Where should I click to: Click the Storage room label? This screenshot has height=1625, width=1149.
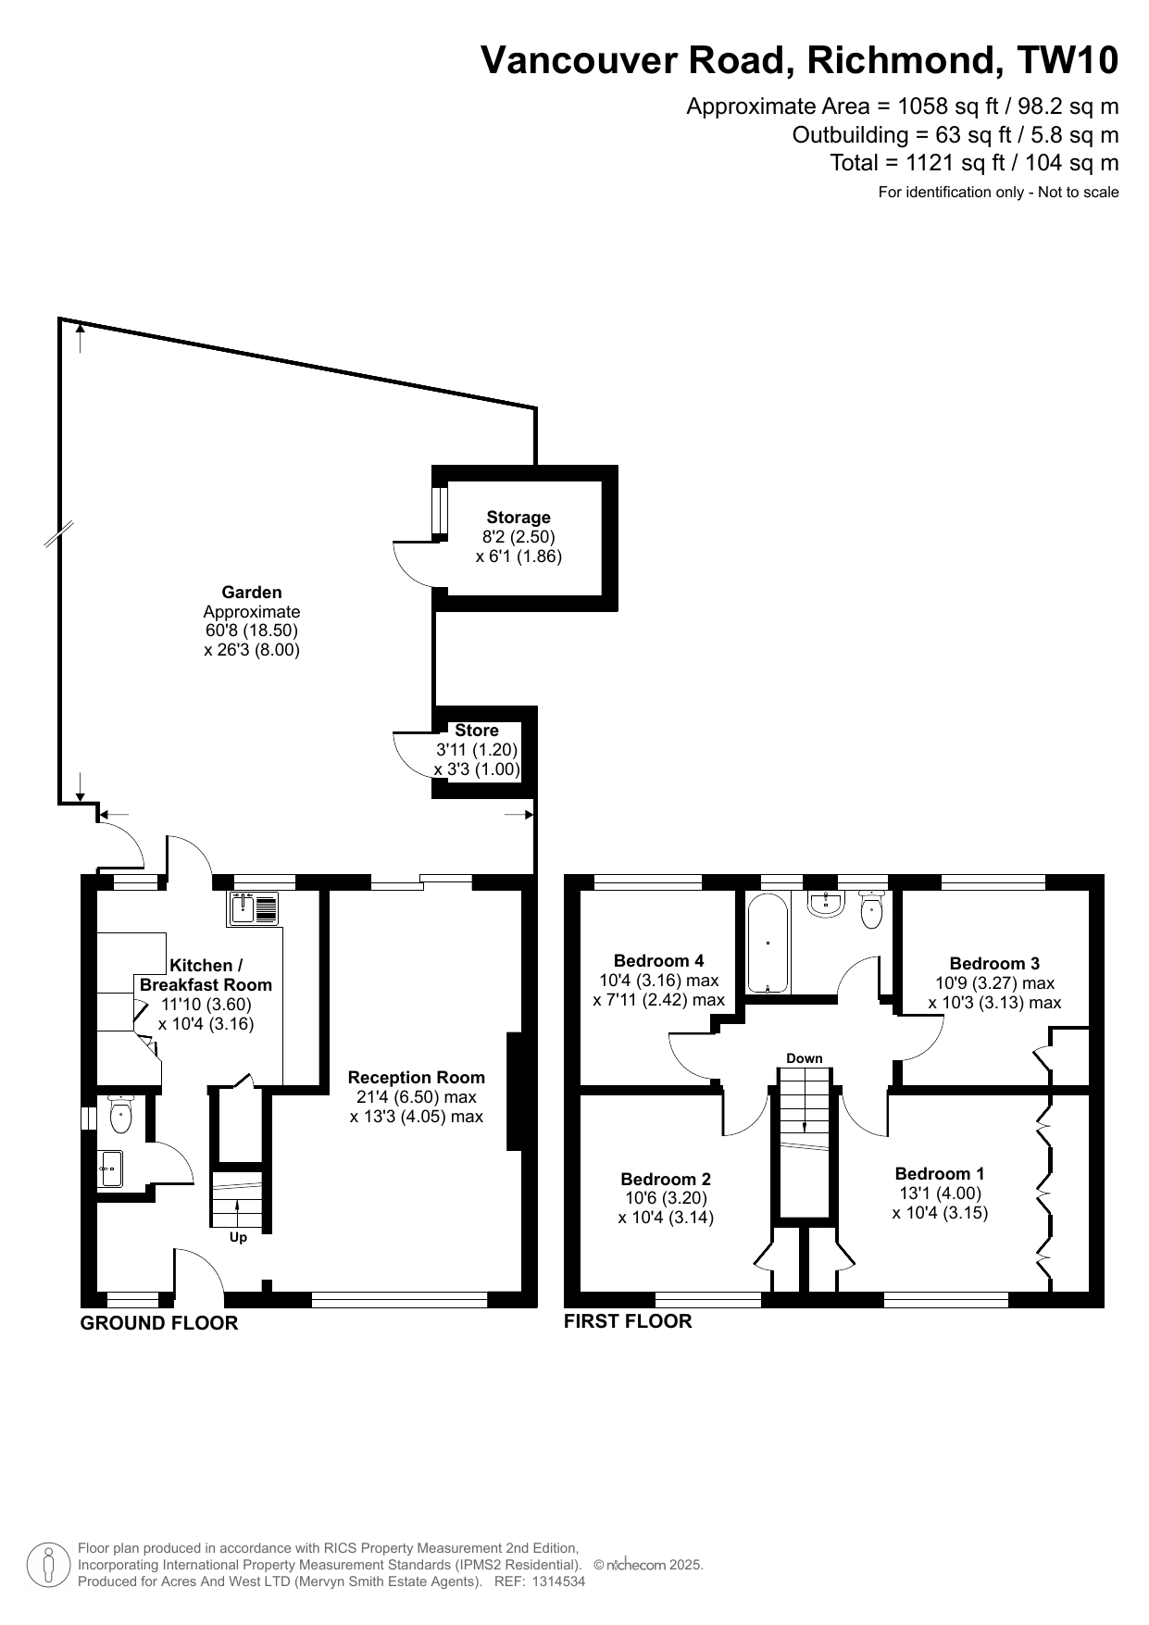[x=518, y=518]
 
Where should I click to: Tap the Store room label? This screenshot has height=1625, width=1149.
[x=477, y=731]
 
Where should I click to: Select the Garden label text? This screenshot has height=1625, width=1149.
[x=252, y=593]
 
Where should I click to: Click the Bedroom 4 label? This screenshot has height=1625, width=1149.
[x=658, y=961]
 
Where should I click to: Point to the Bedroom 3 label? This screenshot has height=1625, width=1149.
[x=994, y=964]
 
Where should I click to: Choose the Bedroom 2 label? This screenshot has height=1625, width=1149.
[x=666, y=1179]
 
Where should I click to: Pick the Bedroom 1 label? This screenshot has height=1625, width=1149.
[x=940, y=1174]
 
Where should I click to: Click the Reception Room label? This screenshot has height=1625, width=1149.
[x=417, y=1078]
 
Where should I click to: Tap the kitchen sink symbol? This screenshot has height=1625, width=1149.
[x=252, y=908]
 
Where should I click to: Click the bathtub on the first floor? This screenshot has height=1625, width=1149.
[x=768, y=943]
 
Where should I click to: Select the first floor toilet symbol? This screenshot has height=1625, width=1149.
[x=871, y=909]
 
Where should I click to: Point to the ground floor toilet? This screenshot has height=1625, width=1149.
[x=121, y=1114]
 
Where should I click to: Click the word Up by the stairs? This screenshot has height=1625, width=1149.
[x=238, y=1238]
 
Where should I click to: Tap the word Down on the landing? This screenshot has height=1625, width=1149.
[x=805, y=1058]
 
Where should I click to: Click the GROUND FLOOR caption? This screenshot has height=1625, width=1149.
[x=159, y=1323]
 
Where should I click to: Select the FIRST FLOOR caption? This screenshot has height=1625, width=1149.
[x=628, y=1321]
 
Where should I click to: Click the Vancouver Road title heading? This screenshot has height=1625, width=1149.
[x=799, y=60]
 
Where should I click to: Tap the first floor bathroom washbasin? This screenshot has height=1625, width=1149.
[x=825, y=904]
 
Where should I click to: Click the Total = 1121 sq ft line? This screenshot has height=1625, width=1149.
[x=974, y=163]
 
